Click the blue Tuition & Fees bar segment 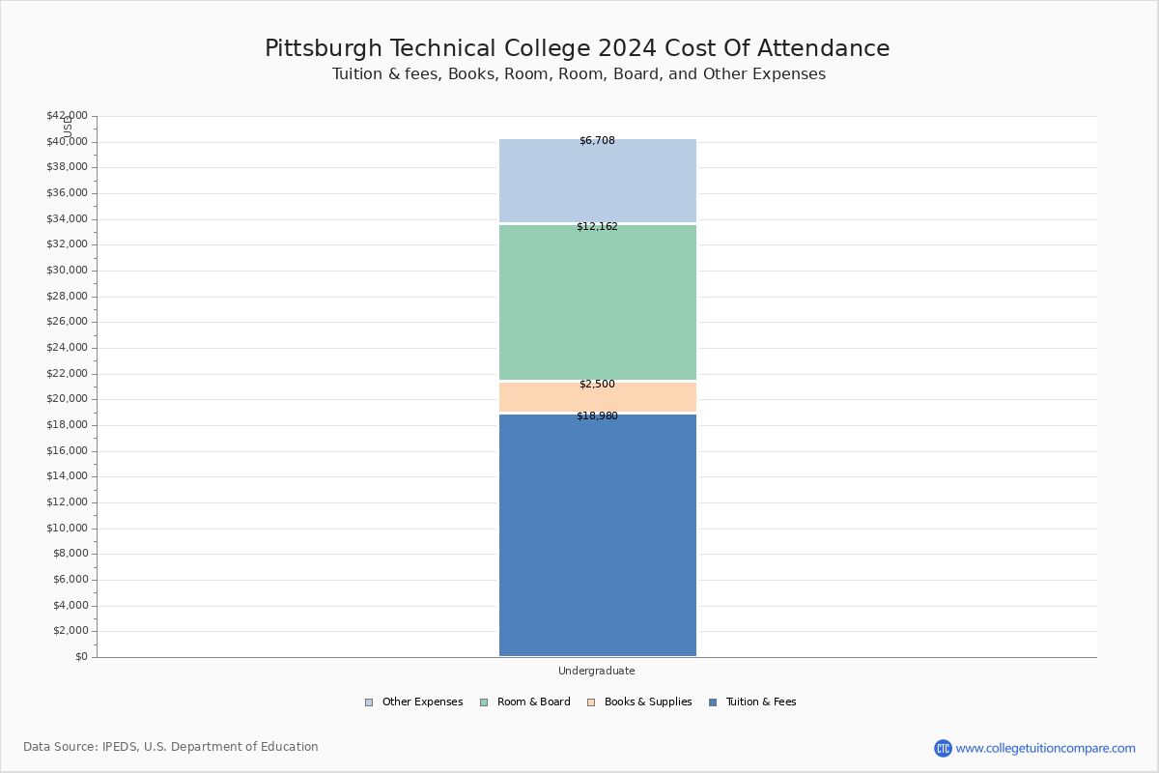pos(597,536)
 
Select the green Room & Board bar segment pos(597,302)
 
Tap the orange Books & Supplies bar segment pos(597,398)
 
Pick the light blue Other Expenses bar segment pos(597,182)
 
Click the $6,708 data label pos(597,141)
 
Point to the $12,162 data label pos(597,227)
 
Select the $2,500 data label pos(597,385)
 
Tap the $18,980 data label pos(597,416)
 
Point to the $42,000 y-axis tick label pos(67,116)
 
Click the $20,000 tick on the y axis pos(67,399)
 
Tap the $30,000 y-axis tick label pos(67,271)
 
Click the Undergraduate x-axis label pos(597,671)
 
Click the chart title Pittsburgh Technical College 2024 pos(578,49)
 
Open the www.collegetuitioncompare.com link pos(1045,748)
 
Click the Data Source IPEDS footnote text pos(171,747)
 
